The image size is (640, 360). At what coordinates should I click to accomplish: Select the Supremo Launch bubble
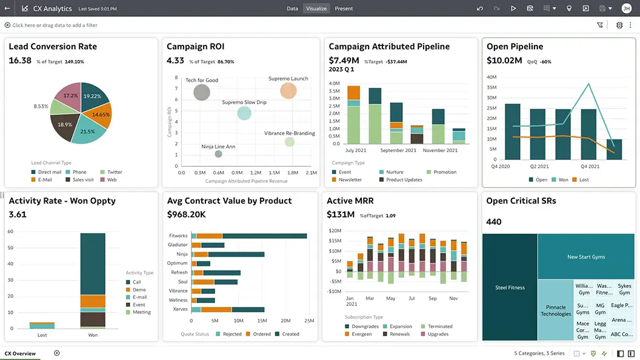pos(288,91)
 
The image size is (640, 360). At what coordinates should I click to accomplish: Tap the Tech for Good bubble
pos(202,92)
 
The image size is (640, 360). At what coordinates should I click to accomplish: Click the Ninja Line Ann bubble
pos(218,154)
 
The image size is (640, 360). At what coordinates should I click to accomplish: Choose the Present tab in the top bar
pos(344,8)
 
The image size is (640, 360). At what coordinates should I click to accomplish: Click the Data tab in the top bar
pos(292,8)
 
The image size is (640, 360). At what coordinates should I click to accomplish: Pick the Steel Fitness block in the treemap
pos(510,287)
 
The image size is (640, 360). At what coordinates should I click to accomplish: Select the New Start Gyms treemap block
pos(586,257)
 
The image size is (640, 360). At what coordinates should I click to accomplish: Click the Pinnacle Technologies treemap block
pos(556,310)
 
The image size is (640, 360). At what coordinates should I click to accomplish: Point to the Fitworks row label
pos(178,236)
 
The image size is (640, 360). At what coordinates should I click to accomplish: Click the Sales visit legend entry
pos(83,180)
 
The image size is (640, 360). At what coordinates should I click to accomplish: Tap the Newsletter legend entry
pos(350,180)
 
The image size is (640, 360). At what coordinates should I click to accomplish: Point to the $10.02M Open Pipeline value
pos(504,61)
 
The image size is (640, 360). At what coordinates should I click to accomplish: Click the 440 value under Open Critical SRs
pos(494,222)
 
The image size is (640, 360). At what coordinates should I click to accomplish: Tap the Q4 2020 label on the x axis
pos(500,166)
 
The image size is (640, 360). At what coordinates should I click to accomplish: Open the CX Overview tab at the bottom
pos(20,353)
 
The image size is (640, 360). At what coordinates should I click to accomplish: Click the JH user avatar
pos(626,8)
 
